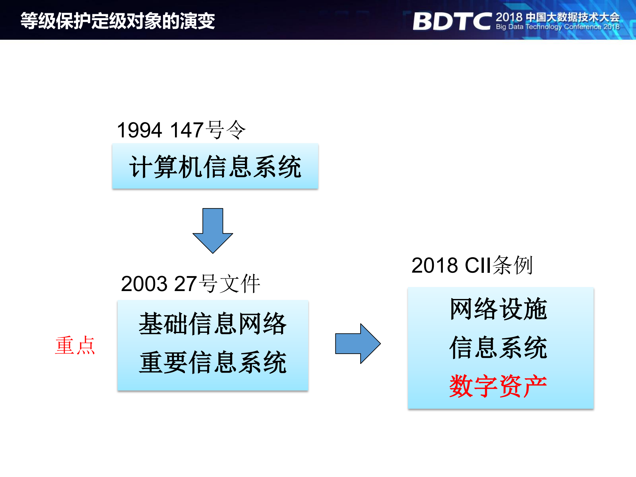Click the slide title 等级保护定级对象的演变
118,21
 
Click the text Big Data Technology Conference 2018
557,27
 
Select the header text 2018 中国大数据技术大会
557,17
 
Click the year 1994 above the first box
139,130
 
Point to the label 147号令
208,130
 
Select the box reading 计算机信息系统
215,166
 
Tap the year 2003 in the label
144,284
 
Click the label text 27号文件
217,284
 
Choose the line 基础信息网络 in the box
212,324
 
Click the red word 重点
75,345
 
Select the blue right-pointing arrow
358,344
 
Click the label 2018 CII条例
472,265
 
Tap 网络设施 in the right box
498,309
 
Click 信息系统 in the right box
498,348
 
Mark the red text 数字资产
498,386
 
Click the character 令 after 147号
236,130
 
